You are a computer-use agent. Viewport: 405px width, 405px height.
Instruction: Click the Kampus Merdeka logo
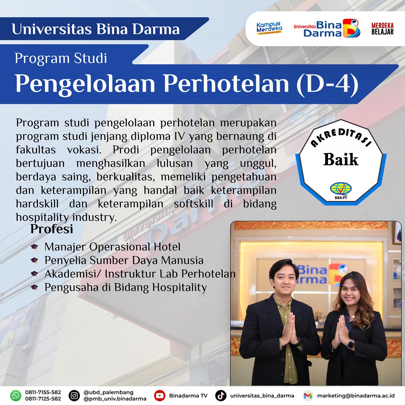click(269, 28)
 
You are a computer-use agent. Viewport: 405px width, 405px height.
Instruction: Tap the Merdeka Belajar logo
click(383, 29)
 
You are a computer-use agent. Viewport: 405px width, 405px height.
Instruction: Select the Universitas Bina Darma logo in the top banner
click(327, 28)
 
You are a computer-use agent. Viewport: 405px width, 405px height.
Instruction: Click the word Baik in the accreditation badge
click(341, 159)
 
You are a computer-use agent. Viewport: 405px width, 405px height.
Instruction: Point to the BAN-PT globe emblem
click(341, 189)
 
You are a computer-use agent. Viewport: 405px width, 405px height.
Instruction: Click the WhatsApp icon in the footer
click(15, 396)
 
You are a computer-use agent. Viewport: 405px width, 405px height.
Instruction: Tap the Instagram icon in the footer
click(74, 396)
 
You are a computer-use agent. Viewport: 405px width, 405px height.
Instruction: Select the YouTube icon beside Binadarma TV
click(160, 396)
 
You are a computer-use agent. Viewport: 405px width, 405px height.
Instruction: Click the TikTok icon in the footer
click(221, 396)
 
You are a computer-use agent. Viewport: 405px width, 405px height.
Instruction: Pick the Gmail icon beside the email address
click(308, 396)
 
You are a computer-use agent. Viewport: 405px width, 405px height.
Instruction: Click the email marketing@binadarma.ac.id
click(356, 396)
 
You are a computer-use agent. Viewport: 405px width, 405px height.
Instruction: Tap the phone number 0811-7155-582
click(43, 392)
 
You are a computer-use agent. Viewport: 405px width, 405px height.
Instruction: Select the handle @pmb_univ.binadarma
click(115, 399)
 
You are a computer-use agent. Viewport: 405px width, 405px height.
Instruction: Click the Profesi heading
click(52, 229)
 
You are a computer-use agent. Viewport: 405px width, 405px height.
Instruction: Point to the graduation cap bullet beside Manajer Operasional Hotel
click(34, 247)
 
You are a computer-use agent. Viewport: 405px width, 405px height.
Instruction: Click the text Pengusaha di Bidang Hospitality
click(126, 288)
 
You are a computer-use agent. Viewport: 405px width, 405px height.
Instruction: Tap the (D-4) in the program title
click(328, 84)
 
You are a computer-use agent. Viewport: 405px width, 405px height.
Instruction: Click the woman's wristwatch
click(351, 344)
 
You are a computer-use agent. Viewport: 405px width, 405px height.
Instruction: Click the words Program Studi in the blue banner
click(61, 58)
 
